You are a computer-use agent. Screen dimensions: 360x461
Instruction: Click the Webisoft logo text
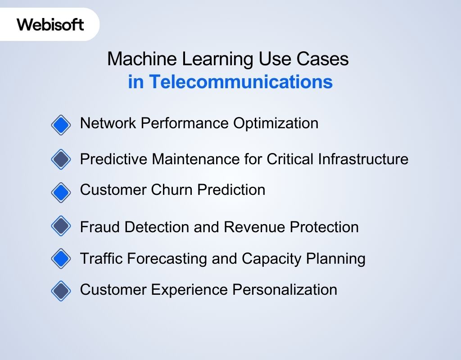tap(50, 24)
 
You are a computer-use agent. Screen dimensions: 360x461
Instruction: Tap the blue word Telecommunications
tap(241, 82)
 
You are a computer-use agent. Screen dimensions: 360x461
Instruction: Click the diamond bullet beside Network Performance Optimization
tap(61, 125)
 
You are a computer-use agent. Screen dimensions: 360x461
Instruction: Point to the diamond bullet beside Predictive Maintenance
tap(61, 159)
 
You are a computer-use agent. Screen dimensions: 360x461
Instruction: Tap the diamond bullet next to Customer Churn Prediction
tap(61, 192)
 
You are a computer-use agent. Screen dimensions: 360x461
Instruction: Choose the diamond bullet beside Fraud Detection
tap(61, 226)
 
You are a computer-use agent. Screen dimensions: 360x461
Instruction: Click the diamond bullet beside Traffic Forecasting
tap(61, 258)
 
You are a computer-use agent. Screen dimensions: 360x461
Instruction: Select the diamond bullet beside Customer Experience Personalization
tap(61, 290)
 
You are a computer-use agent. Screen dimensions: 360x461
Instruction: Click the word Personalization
tap(285, 289)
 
